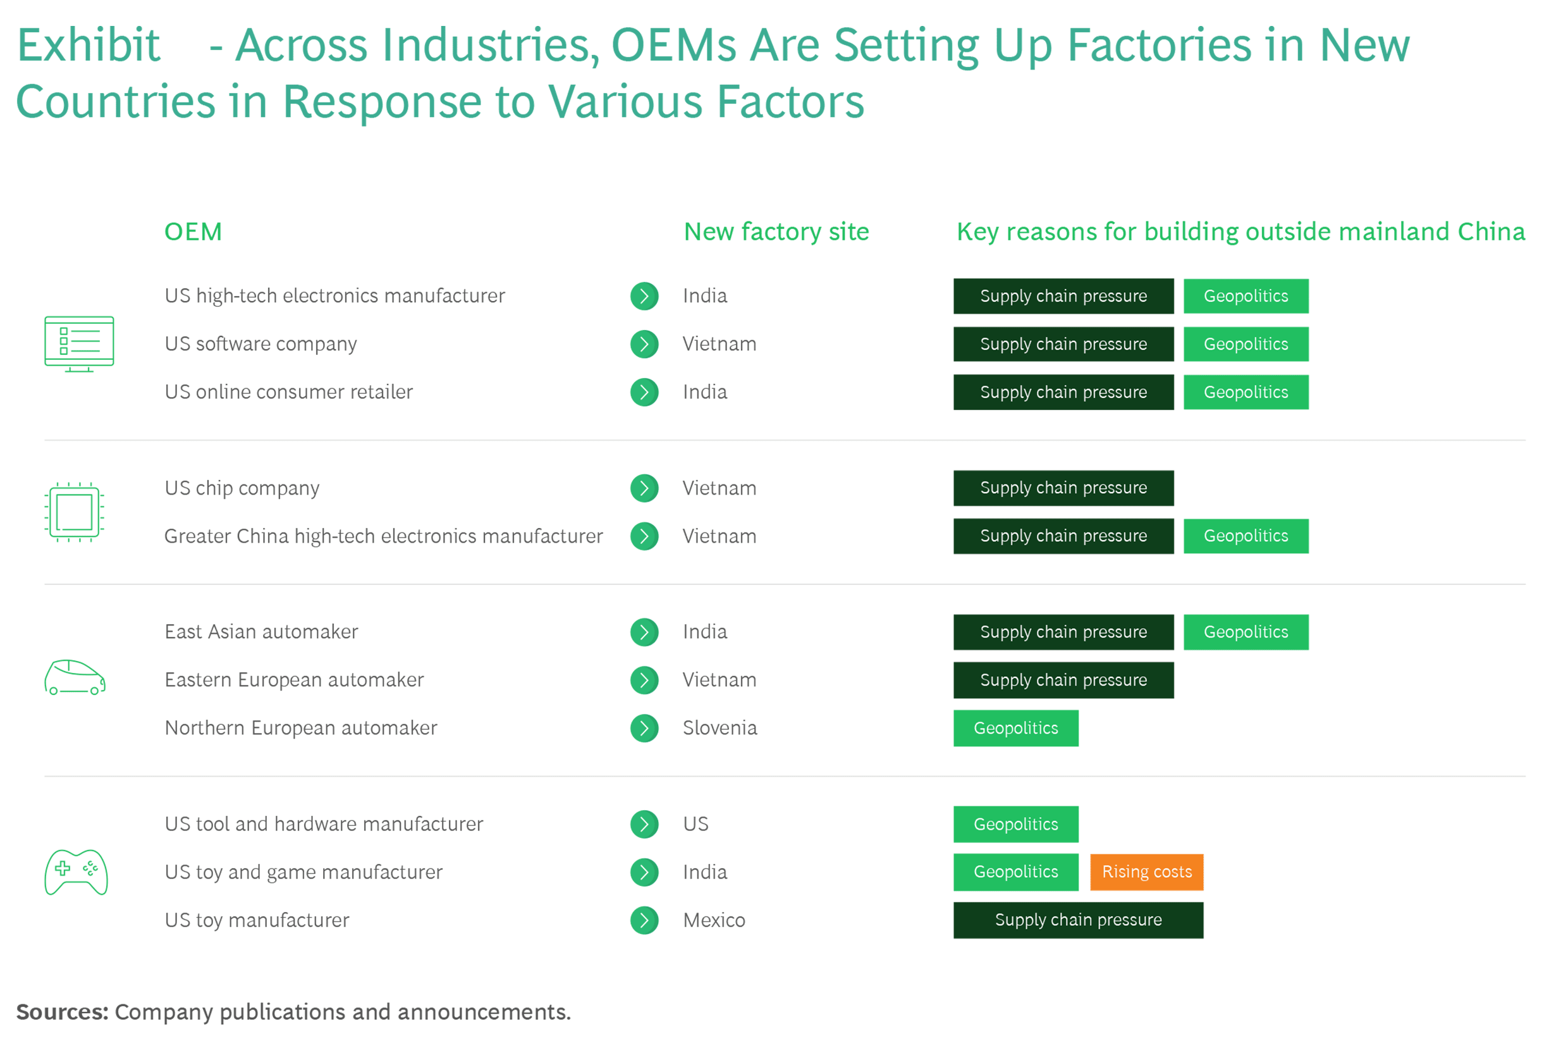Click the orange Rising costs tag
tap(1146, 872)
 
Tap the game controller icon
tap(77, 872)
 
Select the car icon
tap(75, 678)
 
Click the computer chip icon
tap(75, 512)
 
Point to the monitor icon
tap(79, 344)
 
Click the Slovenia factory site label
tap(720, 728)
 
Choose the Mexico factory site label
tap(714, 920)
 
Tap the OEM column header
tap(193, 231)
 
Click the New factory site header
tap(776, 231)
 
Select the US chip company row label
tap(242, 489)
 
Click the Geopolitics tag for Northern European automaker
tap(1015, 729)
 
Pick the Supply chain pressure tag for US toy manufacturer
tap(1078, 920)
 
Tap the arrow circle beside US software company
tap(644, 344)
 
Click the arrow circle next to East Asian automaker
tap(644, 632)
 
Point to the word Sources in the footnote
tap(62, 1012)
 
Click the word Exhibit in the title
tap(89, 45)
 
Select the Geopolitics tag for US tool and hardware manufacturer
tap(1015, 824)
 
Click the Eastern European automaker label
tap(294, 680)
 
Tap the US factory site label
tap(695, 824)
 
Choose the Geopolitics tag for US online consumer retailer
tap(1246, 392)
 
